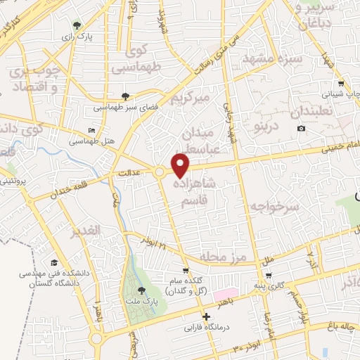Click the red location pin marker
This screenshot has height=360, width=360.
pyautogui.click(x=181, y=166)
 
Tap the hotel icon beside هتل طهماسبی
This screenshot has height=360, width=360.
pyautogui.click(x=91, y=131)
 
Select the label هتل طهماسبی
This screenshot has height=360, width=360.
pyautogui.click(x=91, y=141)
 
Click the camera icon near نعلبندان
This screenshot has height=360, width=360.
pyautogui.click(x=301, y=128)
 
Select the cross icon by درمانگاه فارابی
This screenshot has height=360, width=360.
pyautogui.click(x=206, y=316)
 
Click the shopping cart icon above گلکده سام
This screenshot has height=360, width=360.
pyautogui.click(x=185, y=270)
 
